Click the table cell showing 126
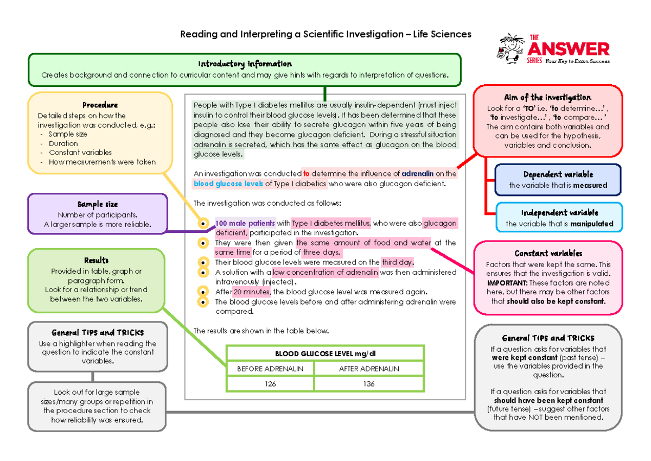click(270, 384)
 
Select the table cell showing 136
click(369, 384)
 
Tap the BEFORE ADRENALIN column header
click(270, 369)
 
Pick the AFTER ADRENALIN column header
click(369, 369)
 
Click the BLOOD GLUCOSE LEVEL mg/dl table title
click(325, 354)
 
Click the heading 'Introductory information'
click(245, 64)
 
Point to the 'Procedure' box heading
click(100, 105)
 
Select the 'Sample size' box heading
click(97, 205)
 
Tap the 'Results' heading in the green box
click(96, 261)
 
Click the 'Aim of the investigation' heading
click(547, 97)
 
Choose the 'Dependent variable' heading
click(558, 175)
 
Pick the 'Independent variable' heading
click(559, 213)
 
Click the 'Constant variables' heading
click(548, 254)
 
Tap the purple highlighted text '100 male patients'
click(245, 223)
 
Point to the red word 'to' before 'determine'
click(306, 174)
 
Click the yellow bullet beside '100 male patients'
click(203, 224)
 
